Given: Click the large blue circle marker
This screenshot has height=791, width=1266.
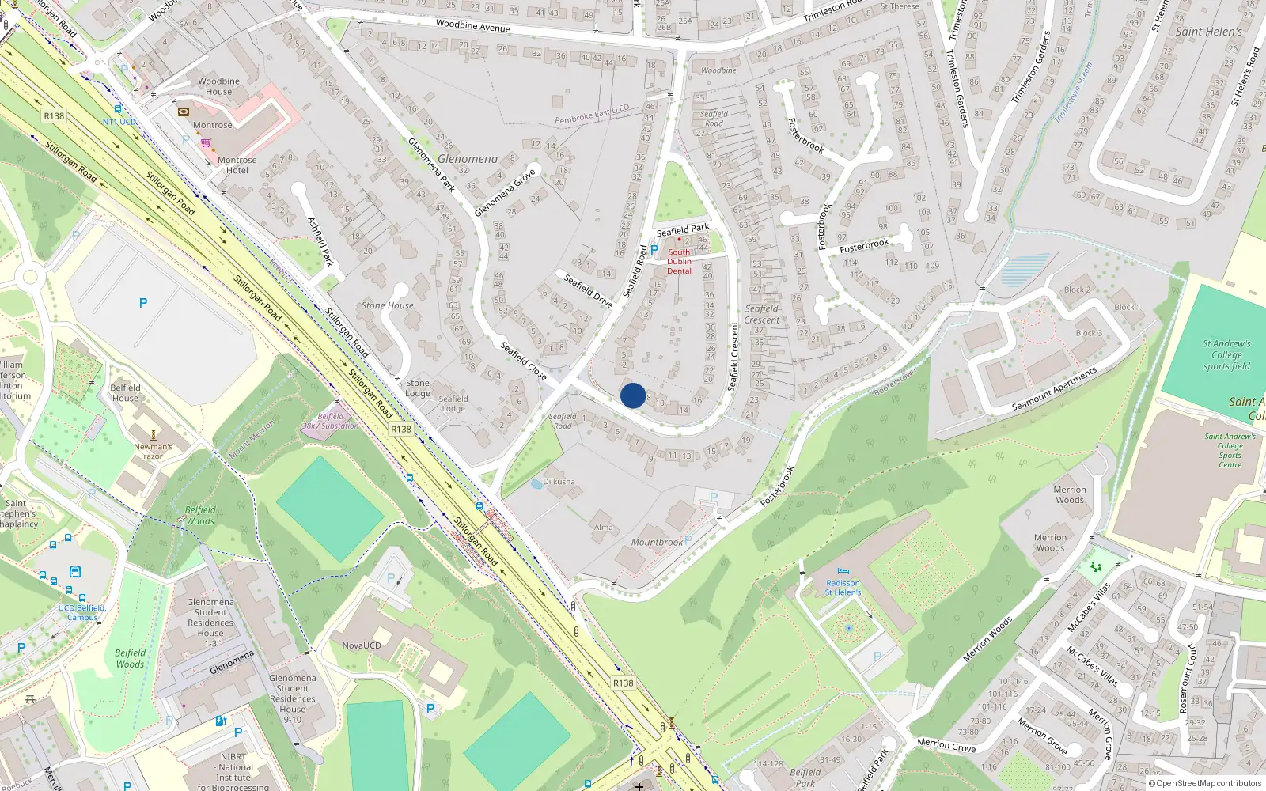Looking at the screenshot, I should [632, 395].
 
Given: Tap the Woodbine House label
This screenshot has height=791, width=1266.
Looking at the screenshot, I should [219, 86].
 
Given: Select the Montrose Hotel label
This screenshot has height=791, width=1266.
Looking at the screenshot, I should [237, 165].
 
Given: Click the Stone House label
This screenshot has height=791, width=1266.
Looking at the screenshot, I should [388, 305].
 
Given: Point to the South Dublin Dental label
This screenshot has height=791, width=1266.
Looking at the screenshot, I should [679, 261].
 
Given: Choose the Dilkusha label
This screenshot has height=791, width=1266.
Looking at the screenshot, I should [559, 481].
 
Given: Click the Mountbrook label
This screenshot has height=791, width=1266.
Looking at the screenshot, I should [657, 542].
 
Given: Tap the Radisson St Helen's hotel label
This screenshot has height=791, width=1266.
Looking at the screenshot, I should [843, 588].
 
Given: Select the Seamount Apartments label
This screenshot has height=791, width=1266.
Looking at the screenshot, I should [1054, 389].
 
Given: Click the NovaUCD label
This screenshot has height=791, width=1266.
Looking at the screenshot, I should [362, 645].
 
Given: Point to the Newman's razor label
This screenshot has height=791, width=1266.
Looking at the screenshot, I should [153, 451].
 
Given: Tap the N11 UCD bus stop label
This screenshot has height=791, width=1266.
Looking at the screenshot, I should [119, 122].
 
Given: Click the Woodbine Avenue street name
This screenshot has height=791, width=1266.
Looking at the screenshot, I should [473, 26].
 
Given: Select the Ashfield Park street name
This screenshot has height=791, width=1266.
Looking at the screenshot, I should [320, 242].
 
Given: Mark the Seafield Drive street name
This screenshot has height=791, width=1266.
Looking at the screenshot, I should [589, 290].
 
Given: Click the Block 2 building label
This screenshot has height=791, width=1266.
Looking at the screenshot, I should [1077, 290].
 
